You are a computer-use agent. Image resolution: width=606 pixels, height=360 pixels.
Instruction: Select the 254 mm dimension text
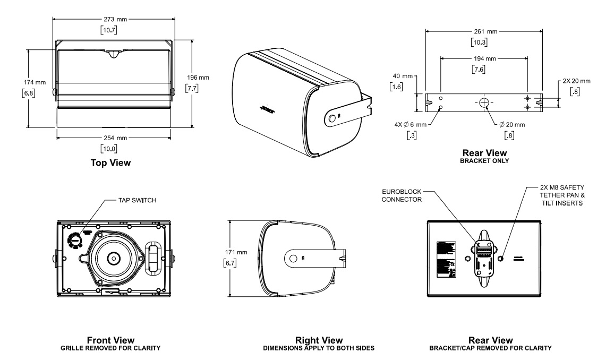click(113, 137)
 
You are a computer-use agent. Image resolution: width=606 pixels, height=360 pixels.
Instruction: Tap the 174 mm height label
click(37, 83)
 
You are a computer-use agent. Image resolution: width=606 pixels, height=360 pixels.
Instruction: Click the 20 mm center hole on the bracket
click(484, 102)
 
